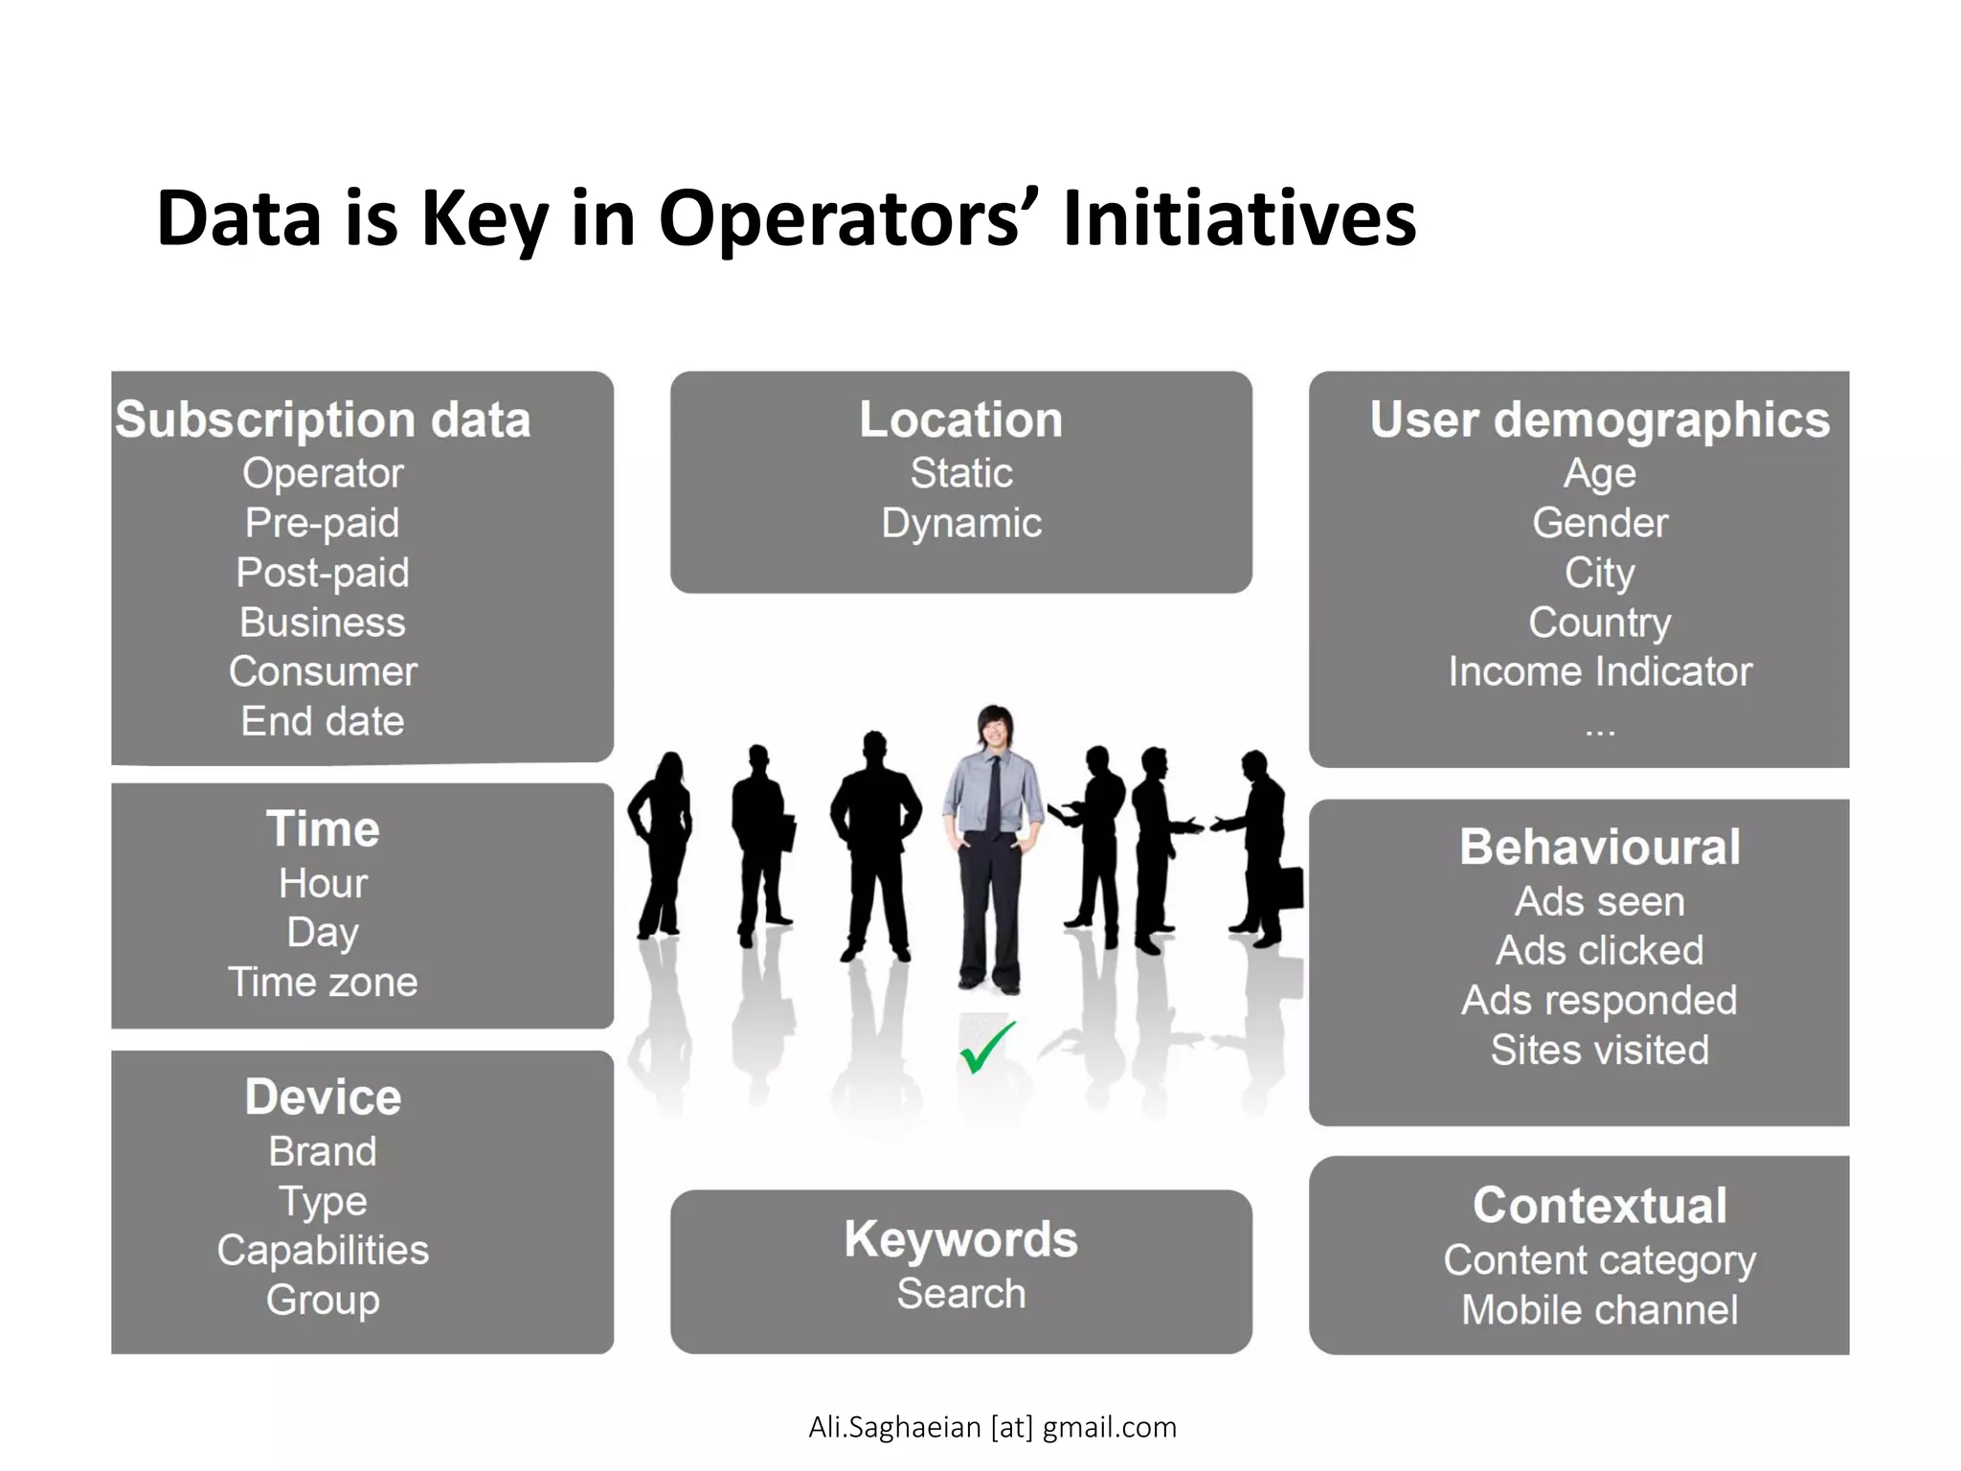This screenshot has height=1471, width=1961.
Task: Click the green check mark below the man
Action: pyautogui.click(x=986, y=1048)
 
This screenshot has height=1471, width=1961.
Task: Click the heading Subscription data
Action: pyautogui.click(x=323, y=420)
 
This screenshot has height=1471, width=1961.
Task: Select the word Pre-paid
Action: pyautogui.click(x=323, y=523)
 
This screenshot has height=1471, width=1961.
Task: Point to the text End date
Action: pyautogui.click(x=323, y=721)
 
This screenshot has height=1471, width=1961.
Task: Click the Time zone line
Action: pyautogui.click(x=323, y=983)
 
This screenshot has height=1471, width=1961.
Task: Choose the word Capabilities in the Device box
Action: pyautogui.click(x=323, y=1250)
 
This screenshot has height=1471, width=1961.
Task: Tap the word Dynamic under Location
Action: pyautogui.click(x=961, y=523)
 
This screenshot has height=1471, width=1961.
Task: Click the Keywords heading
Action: pyautogui.click(x=961, y=1239)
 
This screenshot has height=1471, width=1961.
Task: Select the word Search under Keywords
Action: pyautogui.click(x=961, y=1294)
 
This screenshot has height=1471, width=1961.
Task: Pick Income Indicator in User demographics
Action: pyautogui.click(x=1599, y=671)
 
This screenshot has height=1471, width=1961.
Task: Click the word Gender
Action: pyautogui.click(x=1599, y=523)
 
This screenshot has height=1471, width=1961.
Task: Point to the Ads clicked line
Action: pyautogui.click(x=1599, y=951)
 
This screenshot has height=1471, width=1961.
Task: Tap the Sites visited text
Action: pyautogui.click(x=1599, y=1051)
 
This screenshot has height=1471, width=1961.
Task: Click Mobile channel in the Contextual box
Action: pyautogui.click(x=1599, y=1310)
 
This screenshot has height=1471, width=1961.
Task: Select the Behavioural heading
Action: pyautogui.click(x=1599, y=848)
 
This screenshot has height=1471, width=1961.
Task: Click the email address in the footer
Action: pyautogui.click(x=992, y=1427)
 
